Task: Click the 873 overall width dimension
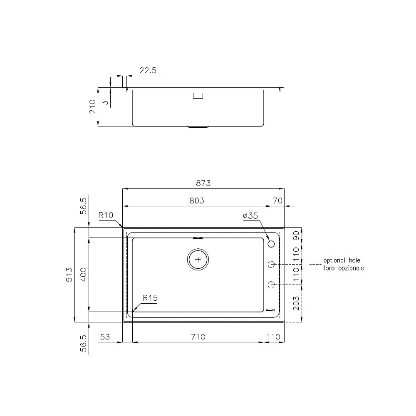203,183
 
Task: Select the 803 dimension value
197,201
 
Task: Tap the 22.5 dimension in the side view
148,71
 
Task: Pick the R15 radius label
150,298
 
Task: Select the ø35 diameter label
250,216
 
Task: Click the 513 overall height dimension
69,275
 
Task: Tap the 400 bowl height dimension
83,275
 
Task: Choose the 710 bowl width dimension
198,337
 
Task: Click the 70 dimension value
278,201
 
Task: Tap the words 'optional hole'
344,261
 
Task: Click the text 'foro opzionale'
344,268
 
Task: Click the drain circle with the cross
198,259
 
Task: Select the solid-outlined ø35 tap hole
271,244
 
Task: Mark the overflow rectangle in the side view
198,96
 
